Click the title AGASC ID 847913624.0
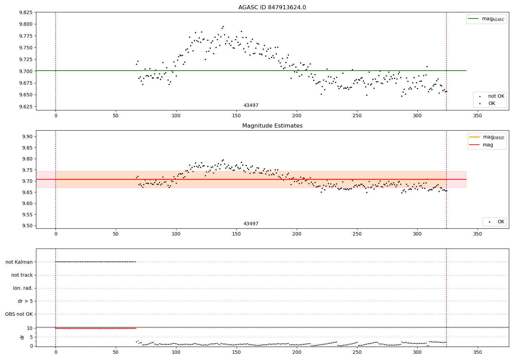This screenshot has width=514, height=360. tap(272, 8)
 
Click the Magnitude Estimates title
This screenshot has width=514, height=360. tap(272, 126)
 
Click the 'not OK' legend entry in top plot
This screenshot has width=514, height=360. tap(496, 96)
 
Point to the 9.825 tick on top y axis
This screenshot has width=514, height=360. tap(26, 12)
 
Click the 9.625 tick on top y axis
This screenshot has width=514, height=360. tap(26, 107)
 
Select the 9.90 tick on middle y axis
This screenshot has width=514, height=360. tap(27, 136)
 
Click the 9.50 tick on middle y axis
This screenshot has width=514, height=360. tap(27, 226)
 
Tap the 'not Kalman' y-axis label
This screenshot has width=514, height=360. tap(19, 262)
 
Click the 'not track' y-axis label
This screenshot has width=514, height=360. tap(22, 275)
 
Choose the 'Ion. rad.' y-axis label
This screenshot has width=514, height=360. tap(23, 288)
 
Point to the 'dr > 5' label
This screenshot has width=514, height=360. tap(25, 301)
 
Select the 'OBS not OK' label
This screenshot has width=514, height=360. tap(19, 314)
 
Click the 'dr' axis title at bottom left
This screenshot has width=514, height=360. tap(22, 337)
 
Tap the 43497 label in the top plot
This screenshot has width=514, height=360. tap(251, 106)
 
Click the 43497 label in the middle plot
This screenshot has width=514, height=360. tap(251, 224)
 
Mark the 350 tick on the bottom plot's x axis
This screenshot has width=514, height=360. tap(477, 352)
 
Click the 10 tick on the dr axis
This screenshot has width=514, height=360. tap(29, 328)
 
